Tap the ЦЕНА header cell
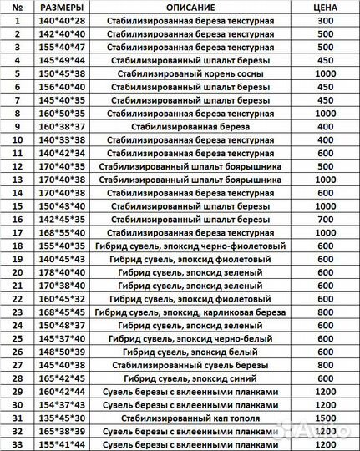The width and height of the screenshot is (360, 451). [322, 7]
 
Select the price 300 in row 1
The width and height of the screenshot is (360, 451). [322, 19]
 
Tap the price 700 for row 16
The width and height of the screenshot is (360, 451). [322, 219]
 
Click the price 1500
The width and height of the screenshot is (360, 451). [322, 418]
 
